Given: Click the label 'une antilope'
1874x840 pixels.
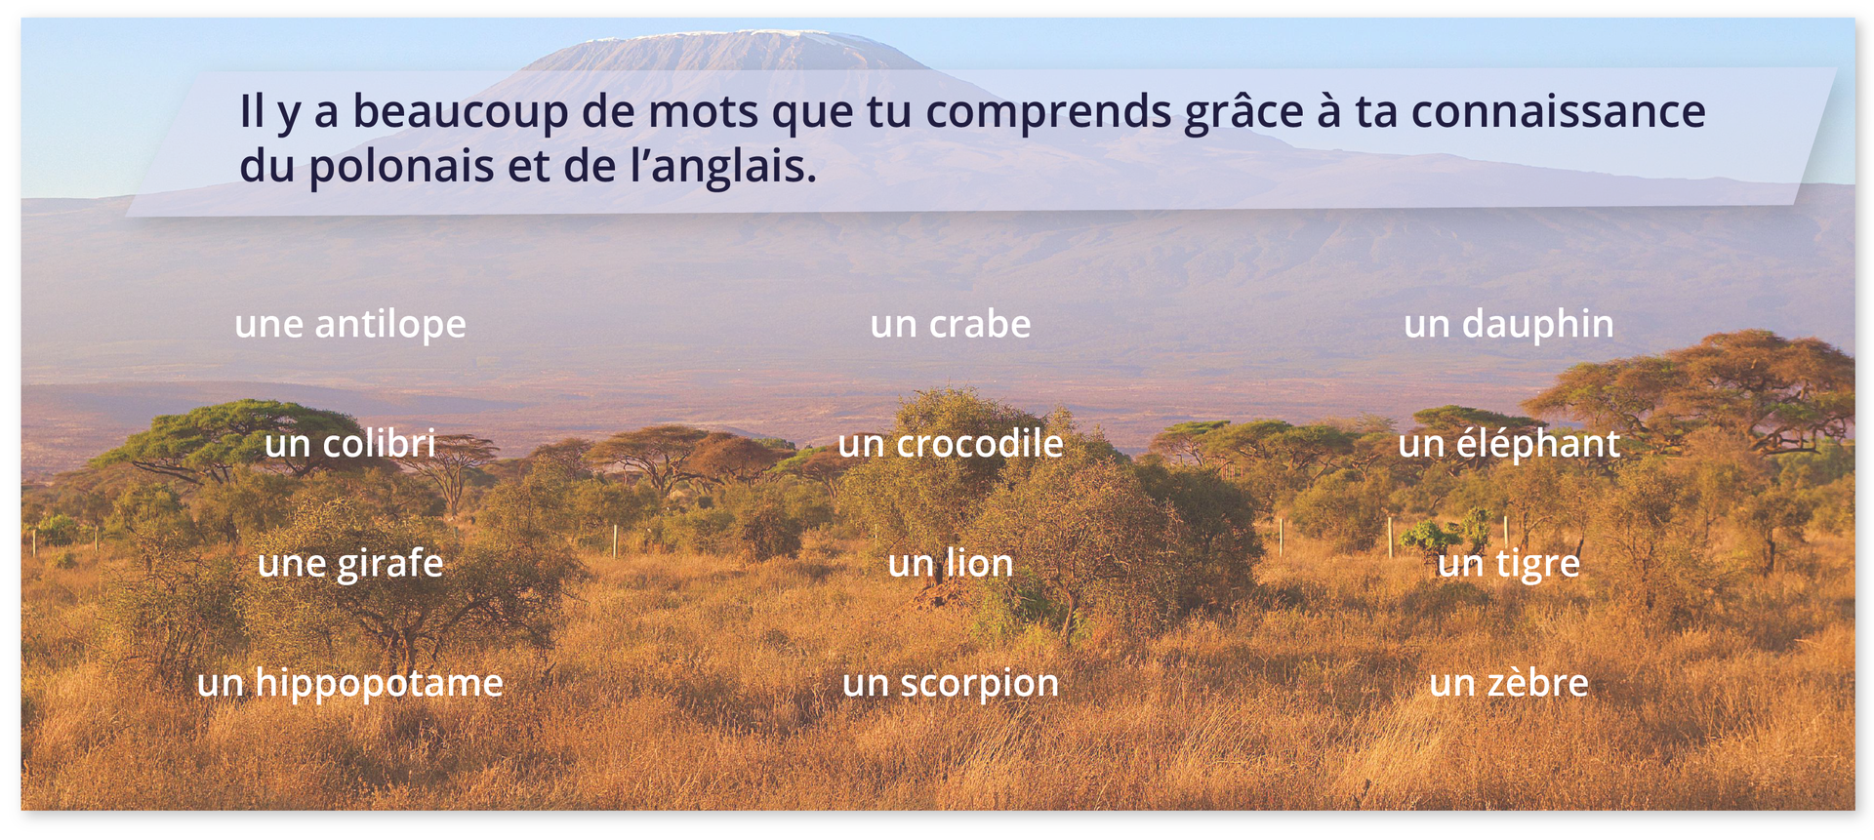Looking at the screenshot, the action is click(350, 325).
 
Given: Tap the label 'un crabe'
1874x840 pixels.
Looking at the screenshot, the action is click(950, 324).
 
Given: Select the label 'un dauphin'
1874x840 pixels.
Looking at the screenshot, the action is click(1508, 325).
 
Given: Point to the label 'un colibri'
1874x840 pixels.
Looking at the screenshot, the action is click(350, 444).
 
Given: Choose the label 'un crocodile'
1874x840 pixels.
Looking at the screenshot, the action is click(950, 444).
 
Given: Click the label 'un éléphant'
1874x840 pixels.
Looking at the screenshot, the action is click(1508, 444).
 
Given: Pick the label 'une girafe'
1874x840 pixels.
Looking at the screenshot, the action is click(350, 564).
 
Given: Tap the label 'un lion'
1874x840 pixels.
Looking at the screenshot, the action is click(950, 564).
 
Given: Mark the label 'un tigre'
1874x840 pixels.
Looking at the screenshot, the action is click(1508, 564).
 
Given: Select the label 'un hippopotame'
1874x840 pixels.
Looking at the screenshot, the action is click(350, 683).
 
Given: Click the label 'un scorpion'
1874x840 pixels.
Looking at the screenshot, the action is click(950, 683).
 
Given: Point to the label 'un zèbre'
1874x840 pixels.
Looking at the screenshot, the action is click(1508, 683).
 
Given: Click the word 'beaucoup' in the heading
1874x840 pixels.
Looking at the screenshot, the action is click(460, 112).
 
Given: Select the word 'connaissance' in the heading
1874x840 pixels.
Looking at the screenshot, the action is click(1558, 112).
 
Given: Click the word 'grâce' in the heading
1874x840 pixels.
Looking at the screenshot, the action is click(1243, 112).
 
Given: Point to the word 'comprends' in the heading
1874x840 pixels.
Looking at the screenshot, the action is click(1048, 112).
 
